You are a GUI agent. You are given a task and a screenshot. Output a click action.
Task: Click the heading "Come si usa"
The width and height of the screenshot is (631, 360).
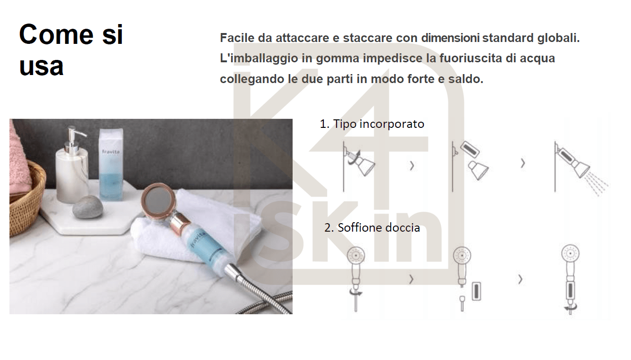pyautogui.click(x=71, y=50)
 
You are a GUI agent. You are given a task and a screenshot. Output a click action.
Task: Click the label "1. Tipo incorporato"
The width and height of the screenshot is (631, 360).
pyautogui.click(x=372, y=124)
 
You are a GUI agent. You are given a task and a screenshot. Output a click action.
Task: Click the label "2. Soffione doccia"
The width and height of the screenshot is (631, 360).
pyautogui.click(x=372, y=227)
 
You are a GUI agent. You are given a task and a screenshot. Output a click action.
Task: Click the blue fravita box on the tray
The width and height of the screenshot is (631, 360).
pyautogui.click(x=111, y=165)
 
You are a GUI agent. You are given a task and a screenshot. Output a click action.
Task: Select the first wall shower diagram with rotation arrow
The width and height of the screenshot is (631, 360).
pyautogui.click(x=359, y=165)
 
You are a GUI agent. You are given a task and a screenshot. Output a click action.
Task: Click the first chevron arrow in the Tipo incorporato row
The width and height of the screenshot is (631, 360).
pyautogui.click(x=412, y=166)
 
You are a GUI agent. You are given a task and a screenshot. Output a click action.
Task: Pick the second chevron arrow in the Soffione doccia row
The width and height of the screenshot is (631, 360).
pyautogui.click(x=521, y=279)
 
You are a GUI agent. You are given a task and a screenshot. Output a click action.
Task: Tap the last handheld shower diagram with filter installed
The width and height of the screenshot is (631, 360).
pyautogui.click(x=570, y=278)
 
